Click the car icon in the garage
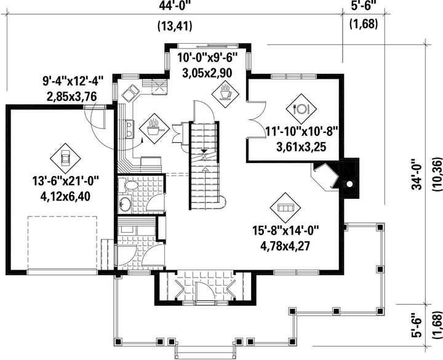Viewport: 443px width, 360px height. [65, 158]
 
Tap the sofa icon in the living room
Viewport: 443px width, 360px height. [285, 208]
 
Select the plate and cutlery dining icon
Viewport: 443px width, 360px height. [301, 109]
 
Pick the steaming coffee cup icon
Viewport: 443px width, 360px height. [226, 93]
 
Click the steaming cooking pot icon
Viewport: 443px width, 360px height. [154, 129]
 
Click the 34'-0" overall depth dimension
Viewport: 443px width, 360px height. [418, 175]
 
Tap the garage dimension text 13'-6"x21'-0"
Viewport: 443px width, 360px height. [65, 181]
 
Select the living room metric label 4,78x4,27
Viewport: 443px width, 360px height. [285, 246]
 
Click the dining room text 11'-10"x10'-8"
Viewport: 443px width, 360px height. [301, 132]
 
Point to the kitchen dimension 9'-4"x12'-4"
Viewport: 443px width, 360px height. [73, 81]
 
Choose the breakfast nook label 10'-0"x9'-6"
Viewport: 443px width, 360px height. [207, 57]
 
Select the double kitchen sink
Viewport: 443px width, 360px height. [130, 94]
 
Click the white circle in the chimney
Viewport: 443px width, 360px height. [349, 184]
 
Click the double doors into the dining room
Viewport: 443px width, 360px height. [256, 119]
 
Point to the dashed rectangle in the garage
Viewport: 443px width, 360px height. [62, 243]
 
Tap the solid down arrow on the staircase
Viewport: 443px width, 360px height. [204, 151]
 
